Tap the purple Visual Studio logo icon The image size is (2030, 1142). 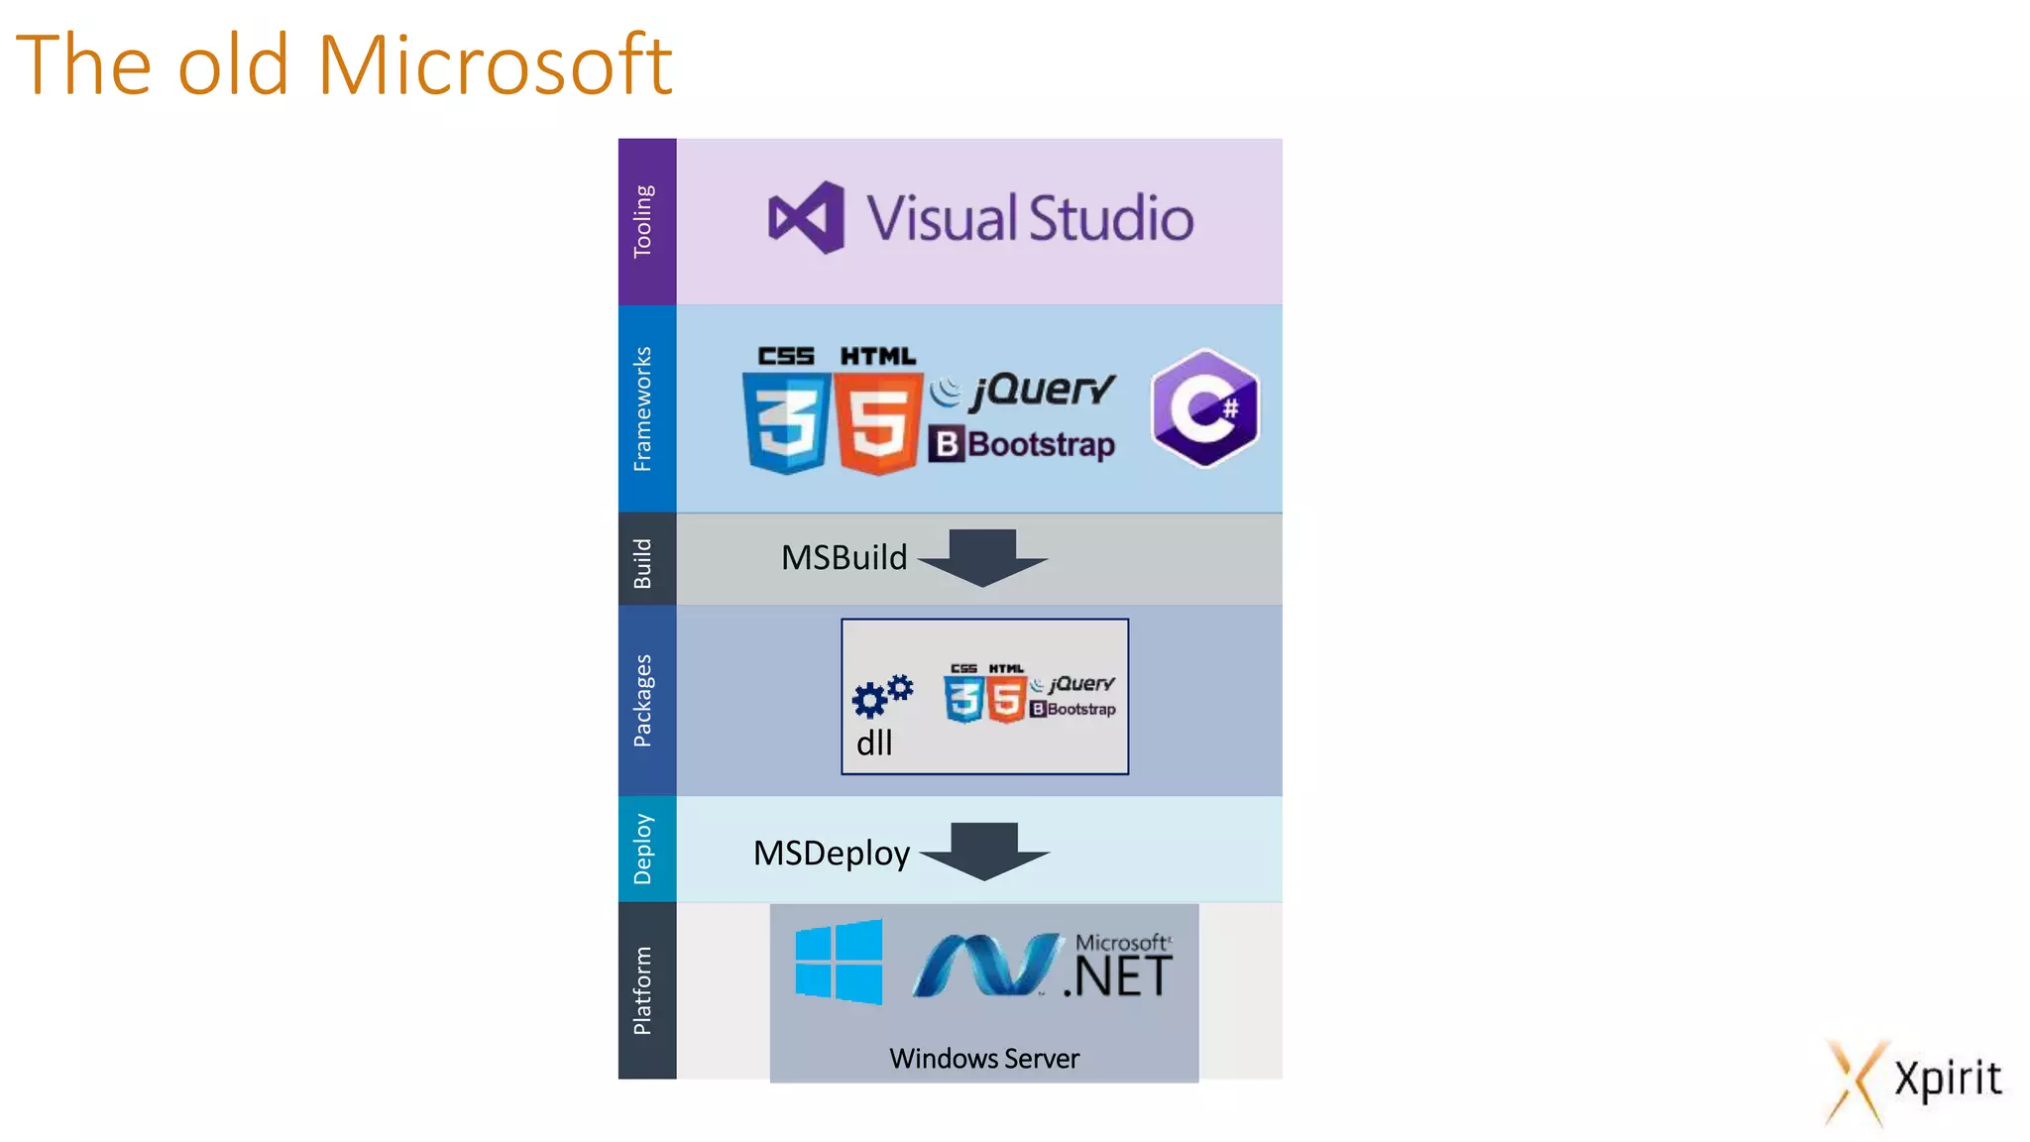pyautogui.click(x=807, y=217)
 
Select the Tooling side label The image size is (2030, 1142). pyautogui.click(x=644, y=221)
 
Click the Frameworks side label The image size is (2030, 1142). pyautogui.click(x=644, y=408)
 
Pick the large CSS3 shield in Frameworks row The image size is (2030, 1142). pyautogui.click(x=787, y=421)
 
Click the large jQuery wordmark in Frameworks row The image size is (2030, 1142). pyautogui.click(x=1041, y=391)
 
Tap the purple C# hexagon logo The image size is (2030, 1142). pyautogui.click(x=1205, y=407)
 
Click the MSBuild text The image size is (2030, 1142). pyautogui.click(x=844, y=558)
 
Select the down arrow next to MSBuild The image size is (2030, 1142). pyautogui.click(x=983, y=557)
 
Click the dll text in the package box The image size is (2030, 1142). pyautogui.click(x=874, y=743)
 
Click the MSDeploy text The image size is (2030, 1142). pyautogui.click(x=831, y=854)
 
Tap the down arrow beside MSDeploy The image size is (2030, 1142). pyautogui.click(x=984, y=851)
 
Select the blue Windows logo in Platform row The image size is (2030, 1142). pyautogui.click(x=839, y=961)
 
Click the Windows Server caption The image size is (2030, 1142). pyautogui.click(x=984, y=1059)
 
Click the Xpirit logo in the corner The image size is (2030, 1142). pyautogui.click(x=1914, y=1081)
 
